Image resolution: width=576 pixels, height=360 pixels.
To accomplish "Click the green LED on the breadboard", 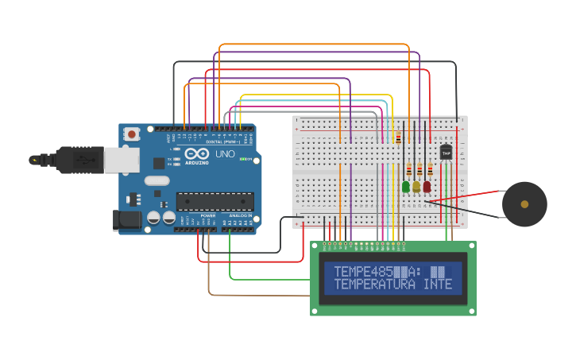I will click(406, 187).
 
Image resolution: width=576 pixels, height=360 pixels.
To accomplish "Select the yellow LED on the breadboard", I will click(416, 187).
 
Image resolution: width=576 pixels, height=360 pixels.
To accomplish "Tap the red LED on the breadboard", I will click(427, 187).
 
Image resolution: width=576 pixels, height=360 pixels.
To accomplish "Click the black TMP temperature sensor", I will click(446, 151).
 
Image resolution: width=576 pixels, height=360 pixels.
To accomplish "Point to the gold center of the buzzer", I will click(524, 204).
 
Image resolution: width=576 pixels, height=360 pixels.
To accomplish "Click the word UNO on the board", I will click(225, 153).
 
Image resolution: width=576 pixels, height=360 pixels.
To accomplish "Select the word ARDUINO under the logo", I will click(197, 163).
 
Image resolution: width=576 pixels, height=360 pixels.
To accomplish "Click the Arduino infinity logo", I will click(196, 153).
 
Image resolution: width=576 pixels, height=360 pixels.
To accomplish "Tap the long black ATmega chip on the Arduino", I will click(215, 202).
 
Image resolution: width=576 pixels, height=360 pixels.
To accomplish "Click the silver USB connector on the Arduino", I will click(121, 161).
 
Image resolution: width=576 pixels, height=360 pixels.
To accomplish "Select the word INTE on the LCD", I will click(438, 284).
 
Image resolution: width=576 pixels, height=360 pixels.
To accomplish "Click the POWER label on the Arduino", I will click(207, 215).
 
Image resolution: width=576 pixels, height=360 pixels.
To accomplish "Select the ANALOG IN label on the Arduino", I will click(240, 215).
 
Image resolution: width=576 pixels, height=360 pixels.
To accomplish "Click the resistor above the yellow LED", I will click(419, 169).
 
